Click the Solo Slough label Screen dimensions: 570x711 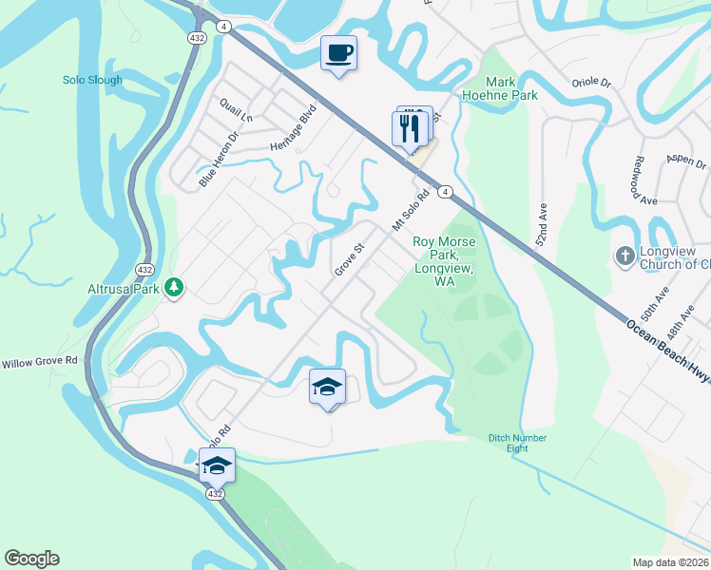tap(92, 80)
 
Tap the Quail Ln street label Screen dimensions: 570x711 tap(236, 110)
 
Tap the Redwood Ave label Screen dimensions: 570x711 tap(645, 180)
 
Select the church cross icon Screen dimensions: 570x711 tap(625, 255)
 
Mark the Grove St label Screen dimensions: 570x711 tap(350, 259)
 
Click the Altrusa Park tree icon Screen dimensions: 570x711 tap(173, 286)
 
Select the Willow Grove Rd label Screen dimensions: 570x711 tap(39, 363)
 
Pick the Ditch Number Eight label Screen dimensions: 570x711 tap(518, 444)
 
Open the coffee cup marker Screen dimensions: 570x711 tap(337, 52)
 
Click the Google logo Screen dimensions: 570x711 tap(31, 559)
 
